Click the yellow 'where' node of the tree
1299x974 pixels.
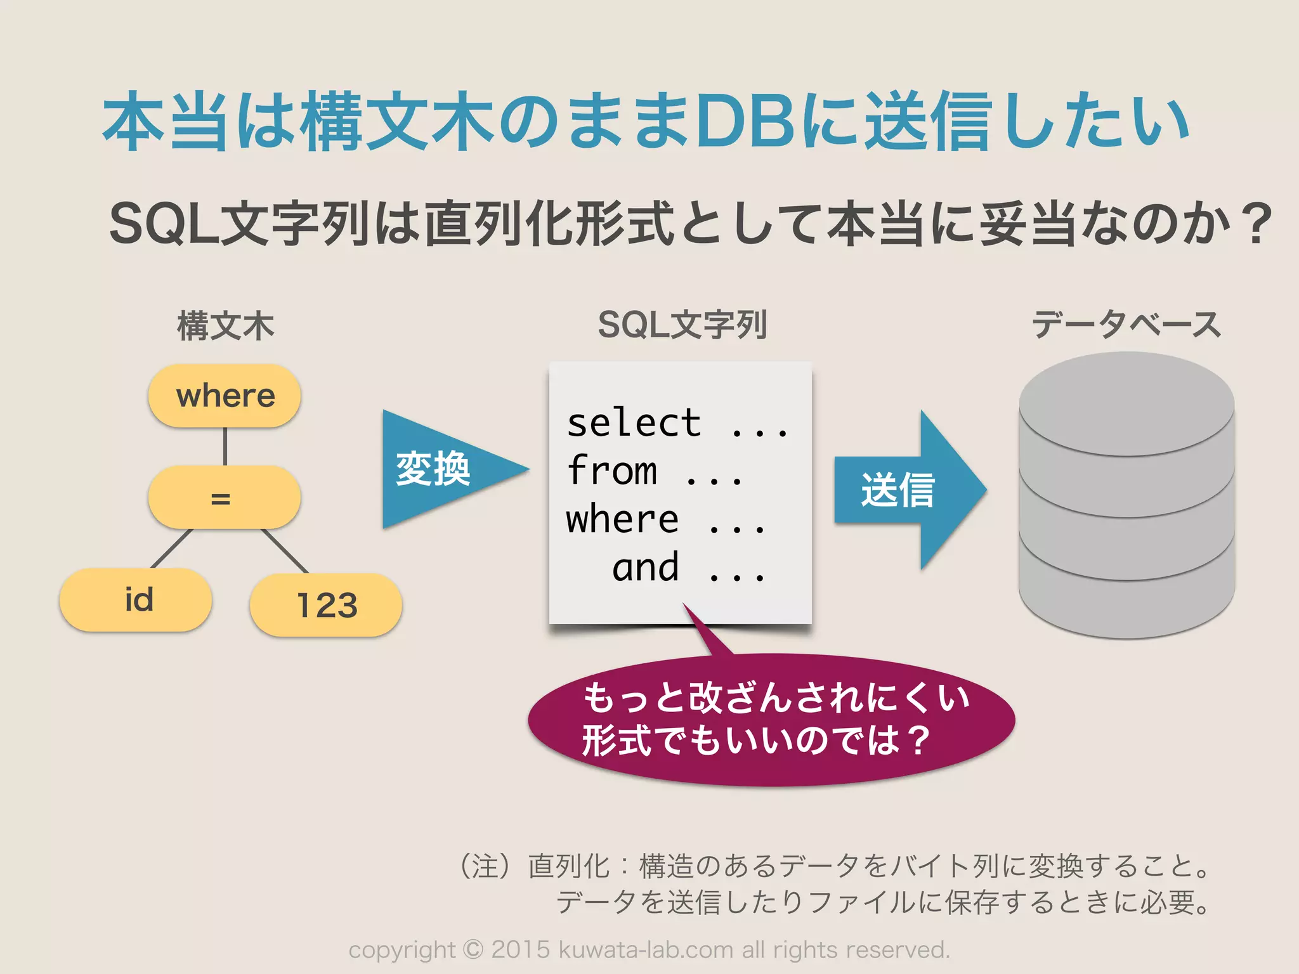pos(225,396)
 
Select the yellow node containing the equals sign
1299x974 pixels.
pos(225,498)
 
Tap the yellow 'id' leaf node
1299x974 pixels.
pos(136,600)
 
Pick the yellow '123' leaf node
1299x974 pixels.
pos(326,605)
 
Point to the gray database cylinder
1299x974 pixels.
pos(1126,495)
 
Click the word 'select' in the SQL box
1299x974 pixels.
pos(634,423)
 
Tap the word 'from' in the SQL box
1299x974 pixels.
pos(612,471)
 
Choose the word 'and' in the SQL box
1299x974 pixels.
pos(645,567)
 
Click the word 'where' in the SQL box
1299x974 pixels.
pos(622,519)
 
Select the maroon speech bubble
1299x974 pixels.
pos(771,720)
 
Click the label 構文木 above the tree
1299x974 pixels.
pos(225,326)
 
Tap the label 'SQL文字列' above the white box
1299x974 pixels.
pos(682,325)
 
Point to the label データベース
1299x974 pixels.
pos(1126,325)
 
